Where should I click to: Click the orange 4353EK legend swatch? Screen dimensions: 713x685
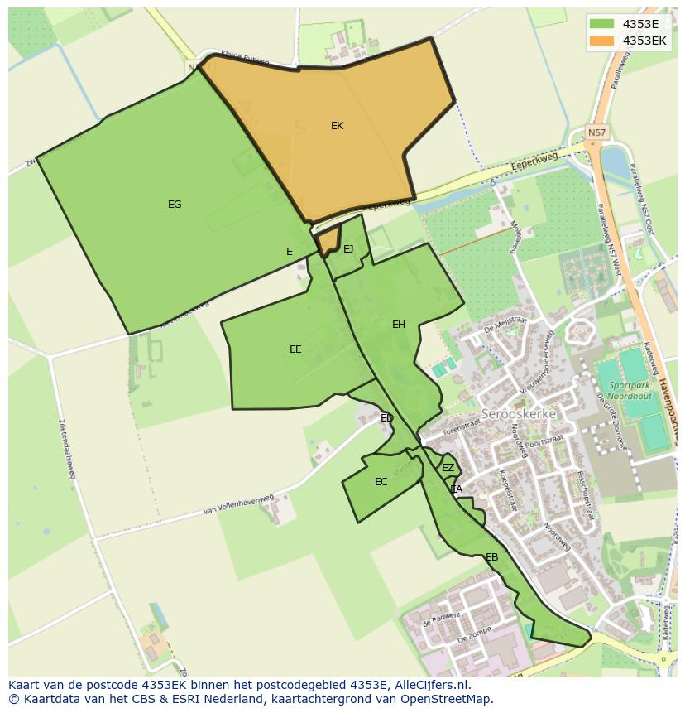[602, 41]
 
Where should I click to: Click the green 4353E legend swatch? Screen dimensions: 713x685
[602, 24]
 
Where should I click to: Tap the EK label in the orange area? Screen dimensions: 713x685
[337, 126]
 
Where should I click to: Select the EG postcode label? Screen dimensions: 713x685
[175, 205]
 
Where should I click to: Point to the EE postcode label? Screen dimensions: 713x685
[295, 349]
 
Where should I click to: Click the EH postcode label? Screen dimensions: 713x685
[399, 325]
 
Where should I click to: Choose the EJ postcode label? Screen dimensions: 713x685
[348, 249]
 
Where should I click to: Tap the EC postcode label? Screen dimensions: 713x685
[381, 482]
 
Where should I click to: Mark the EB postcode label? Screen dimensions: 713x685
[492, 557]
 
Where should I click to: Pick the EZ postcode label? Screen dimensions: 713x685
[448, 468]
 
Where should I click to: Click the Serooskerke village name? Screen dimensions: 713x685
[519, 413]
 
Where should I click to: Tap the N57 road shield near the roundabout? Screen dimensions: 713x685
[596, 132]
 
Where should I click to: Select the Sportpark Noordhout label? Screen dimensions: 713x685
[630, 391]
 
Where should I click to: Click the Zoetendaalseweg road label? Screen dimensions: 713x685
[66, 448]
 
